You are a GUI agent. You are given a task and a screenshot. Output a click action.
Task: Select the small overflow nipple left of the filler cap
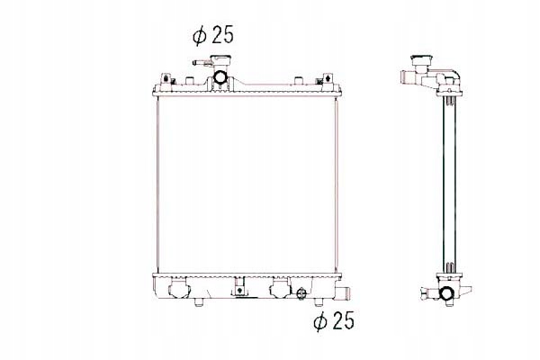(195, 64)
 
